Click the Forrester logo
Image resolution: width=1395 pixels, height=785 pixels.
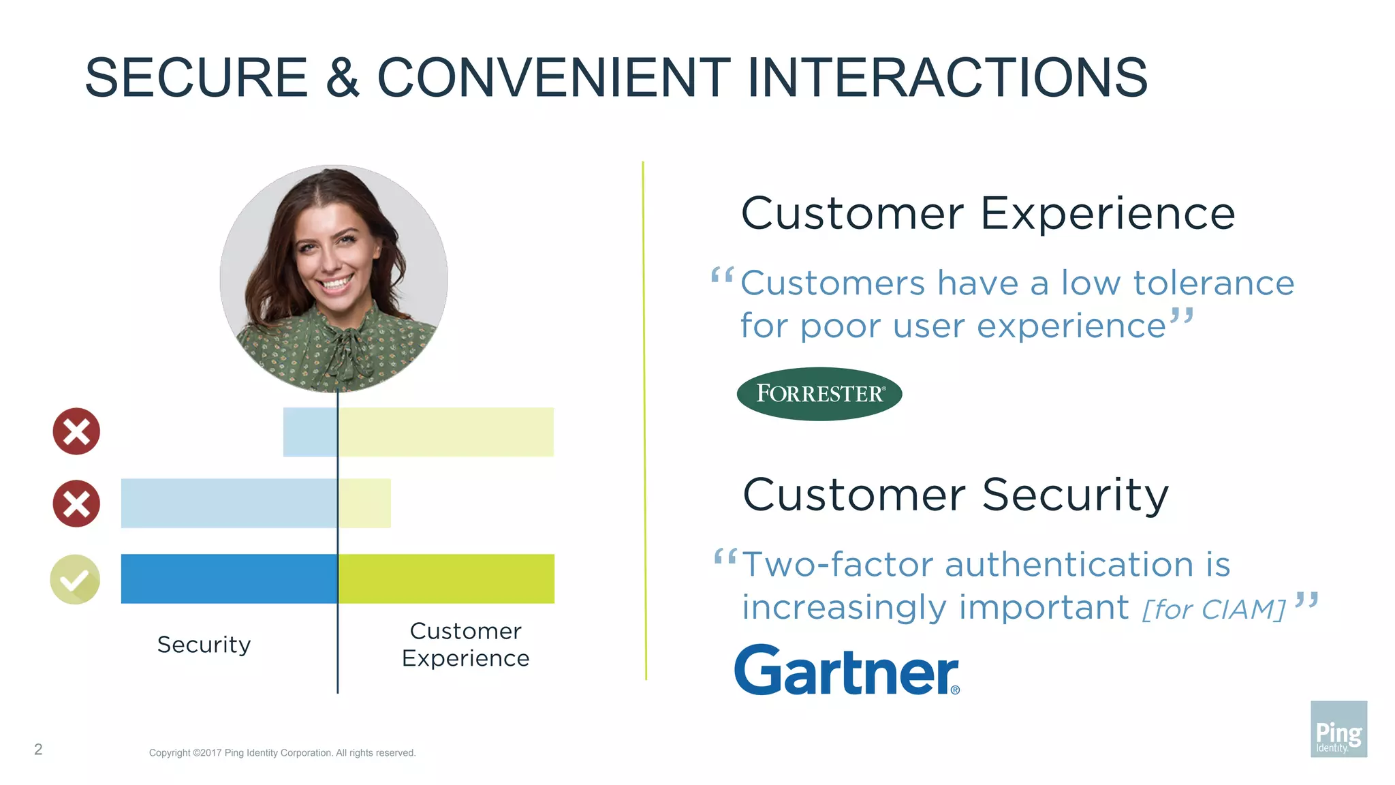click(819, 394)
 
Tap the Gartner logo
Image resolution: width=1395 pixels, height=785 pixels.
click(847, 671)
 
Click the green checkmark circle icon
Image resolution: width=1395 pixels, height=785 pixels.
click(75, 579)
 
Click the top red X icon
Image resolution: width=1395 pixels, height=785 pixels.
click(76, 431)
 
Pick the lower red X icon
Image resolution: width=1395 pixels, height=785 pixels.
click(76, 504)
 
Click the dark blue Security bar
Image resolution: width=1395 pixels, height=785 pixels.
click(229, 579)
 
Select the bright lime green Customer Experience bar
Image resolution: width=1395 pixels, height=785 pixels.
click(446, 579)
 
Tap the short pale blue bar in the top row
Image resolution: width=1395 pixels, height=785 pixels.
click(310, 432)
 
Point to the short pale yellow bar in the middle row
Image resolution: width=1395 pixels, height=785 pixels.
click(365, 503)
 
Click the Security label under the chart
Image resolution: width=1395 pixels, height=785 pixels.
click(204, 645)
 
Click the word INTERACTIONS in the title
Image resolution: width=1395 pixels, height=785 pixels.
click(947, 78)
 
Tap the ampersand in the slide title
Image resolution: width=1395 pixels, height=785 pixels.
click(342, 78)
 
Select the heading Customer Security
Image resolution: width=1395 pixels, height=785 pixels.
click(955, 495)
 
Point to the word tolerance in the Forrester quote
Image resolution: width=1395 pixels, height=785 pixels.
click(1213, 283)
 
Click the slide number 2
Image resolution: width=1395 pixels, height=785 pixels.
click(38, 750)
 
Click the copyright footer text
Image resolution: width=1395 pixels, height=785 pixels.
click(282, 753)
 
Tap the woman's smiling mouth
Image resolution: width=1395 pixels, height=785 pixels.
click(336, 281)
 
